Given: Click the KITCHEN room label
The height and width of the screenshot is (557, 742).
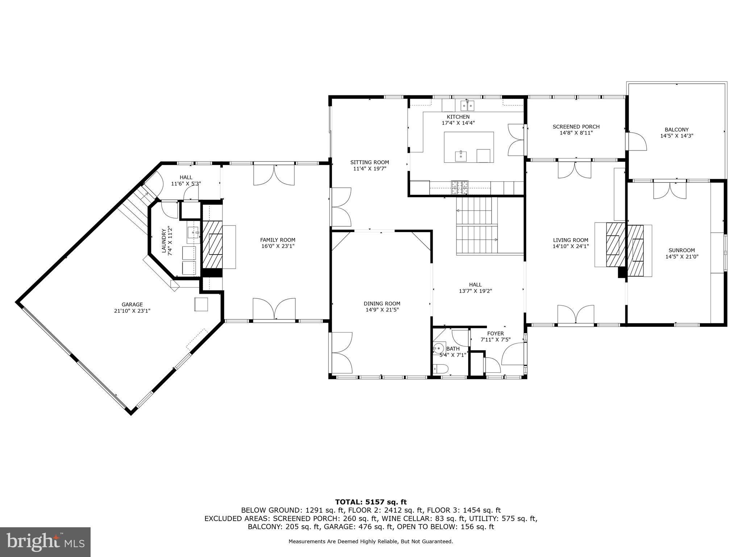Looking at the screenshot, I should click(458, 117).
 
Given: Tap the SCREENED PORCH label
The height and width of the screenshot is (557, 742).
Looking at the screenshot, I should click(576, 127).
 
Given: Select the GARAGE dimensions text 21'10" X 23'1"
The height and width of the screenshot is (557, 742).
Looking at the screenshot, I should click(132, 311).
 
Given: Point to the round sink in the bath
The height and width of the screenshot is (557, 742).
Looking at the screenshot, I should click(439, 348).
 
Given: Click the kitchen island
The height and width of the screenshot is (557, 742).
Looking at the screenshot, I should click(469, 147).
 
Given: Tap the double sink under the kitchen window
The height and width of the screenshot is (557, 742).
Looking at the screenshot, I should click(467, 106).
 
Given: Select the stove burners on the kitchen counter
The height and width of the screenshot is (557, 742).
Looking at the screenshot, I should click(459, 187).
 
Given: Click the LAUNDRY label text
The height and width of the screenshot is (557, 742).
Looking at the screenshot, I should click(164, 240).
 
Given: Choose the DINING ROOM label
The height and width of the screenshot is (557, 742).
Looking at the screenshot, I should click(382, 304).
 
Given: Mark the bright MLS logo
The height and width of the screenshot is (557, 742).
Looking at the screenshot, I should click(45, 542).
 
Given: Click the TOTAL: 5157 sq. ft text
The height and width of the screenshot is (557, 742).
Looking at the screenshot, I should click(371, 502).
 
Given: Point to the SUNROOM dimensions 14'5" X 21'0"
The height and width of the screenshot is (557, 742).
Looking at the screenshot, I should click(681, 256).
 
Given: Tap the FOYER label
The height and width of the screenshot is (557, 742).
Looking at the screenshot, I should click(495, 334).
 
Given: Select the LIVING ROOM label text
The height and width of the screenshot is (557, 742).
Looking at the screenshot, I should click(570, 240).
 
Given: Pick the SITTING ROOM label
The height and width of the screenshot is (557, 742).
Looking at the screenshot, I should click(369, 162).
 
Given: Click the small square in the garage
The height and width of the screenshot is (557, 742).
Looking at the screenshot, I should click(201, 304).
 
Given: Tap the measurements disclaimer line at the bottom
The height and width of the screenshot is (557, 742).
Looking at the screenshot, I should click(371, 541).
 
